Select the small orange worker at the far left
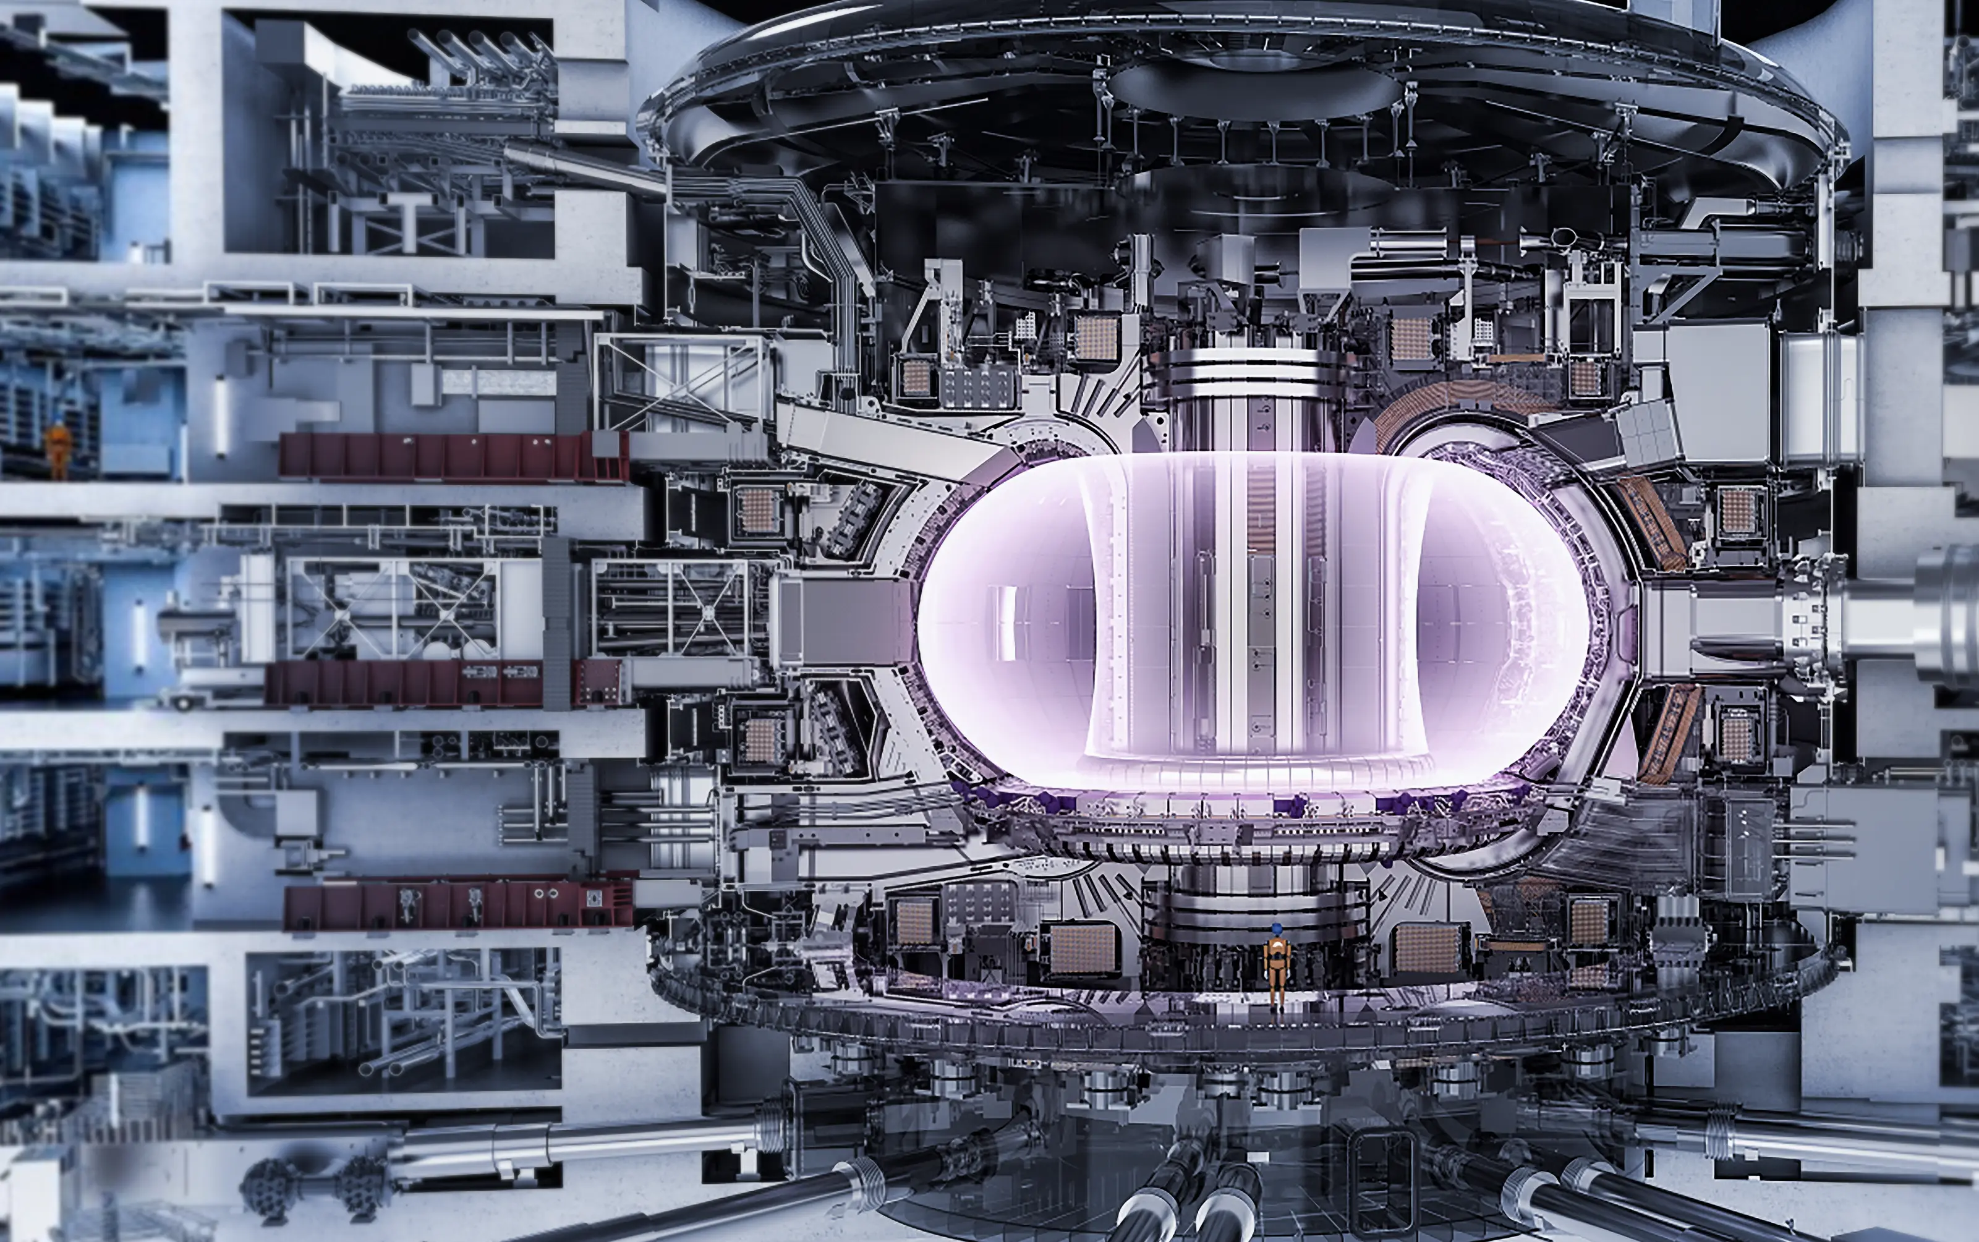pos(57,447)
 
